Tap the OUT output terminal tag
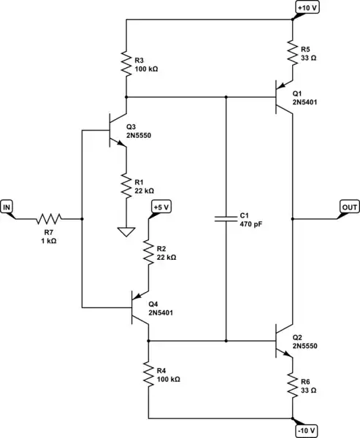tap(349, 208)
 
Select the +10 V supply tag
tap(305, 7)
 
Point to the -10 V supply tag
tap(306, 430)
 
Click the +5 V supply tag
tap(161, 208)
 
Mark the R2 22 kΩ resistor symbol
tap(148, 253)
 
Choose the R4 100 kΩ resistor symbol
tap(148, 376)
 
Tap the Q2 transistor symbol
tap(285, 340)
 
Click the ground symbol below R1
tap(126, 234)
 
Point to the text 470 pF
tap(250, 225)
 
